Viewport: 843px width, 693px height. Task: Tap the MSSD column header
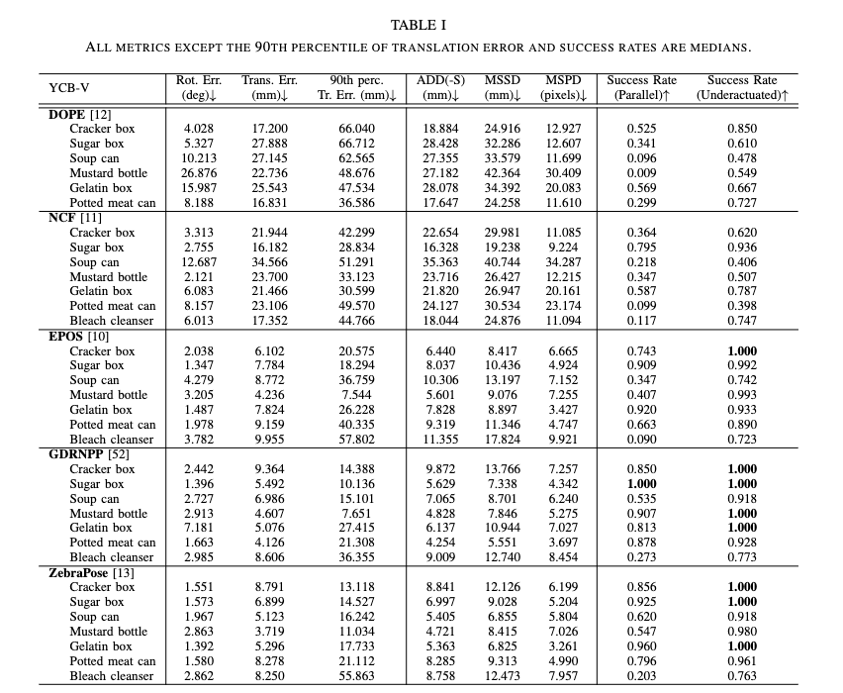coord(503,81)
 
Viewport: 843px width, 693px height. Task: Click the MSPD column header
coord(563,81)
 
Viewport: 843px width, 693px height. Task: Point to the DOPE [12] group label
coord(80,114)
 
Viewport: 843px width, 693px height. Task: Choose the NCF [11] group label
coord(75,218)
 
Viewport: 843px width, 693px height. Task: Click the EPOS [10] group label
coord(78,336)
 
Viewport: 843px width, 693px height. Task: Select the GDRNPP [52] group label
coord(89,454)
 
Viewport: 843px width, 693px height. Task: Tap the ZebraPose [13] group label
coord(92,572)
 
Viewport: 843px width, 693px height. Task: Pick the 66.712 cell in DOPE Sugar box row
coord(357,144)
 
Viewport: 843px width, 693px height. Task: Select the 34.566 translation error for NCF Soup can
coord(270,262)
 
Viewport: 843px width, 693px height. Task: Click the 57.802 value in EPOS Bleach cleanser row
coord(357,440)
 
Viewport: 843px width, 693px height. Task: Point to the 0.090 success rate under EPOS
coord(641,440)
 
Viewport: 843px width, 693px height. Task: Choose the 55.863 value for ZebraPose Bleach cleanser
coord(357,676)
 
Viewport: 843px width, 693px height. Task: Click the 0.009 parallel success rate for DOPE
coord(641,173)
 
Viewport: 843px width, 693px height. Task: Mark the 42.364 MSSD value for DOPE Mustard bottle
coord(503,173)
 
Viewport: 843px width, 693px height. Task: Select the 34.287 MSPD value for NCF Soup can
coord(563,262)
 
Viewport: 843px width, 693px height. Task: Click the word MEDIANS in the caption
coord(721,47)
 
